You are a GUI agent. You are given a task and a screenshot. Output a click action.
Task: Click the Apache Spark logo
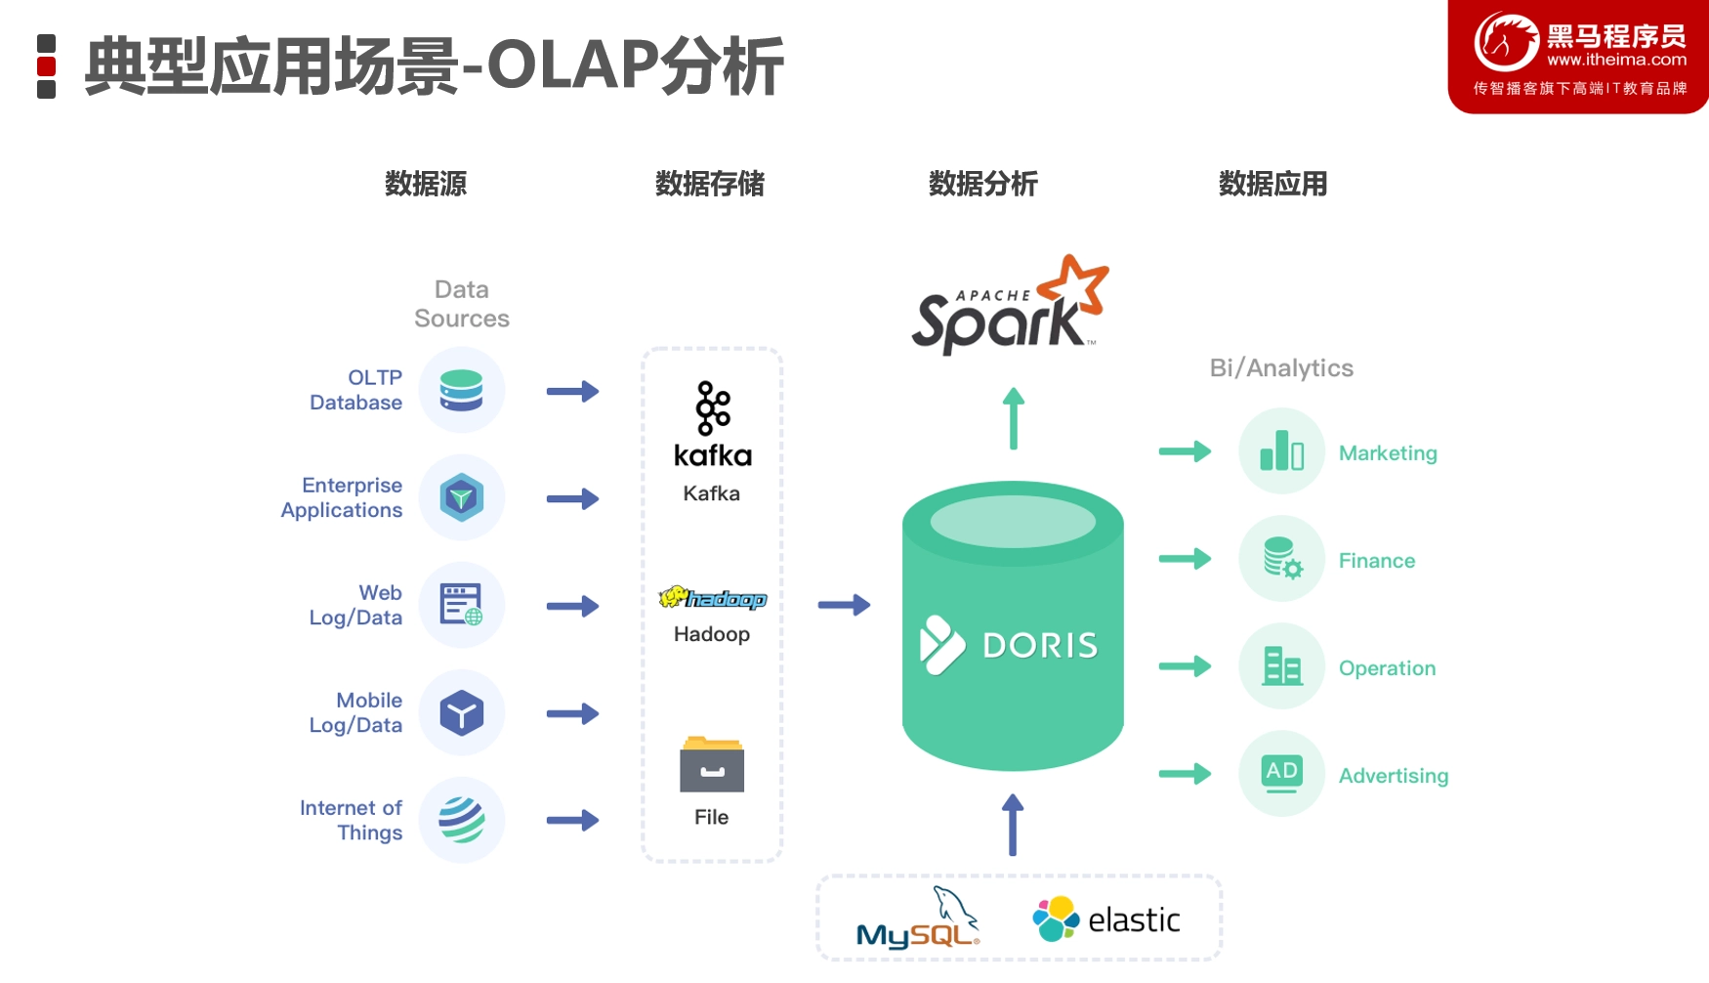[1010, 306]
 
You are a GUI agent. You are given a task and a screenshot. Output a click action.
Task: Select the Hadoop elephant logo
[713, 597]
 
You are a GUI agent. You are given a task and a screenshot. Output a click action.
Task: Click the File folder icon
[712, 764]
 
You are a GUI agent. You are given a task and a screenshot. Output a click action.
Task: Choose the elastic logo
[1106, 919]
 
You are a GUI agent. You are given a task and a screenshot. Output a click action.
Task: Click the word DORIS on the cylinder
[1040, 645]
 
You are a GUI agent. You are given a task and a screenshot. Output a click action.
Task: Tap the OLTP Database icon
[462, 391]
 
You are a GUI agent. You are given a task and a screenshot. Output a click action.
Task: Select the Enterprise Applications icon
[462, 497]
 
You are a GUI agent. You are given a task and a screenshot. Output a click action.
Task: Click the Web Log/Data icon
[462, 605]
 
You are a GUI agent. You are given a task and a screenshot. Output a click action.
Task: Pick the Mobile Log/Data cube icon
[462, 712]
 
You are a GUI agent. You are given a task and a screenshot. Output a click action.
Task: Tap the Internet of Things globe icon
[462, 820]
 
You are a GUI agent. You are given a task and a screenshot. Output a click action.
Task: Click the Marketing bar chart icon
[1282, 451]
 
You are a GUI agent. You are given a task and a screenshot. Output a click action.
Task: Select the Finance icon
[1282, 559]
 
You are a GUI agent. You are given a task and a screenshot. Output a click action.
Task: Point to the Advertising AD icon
[1282, 774]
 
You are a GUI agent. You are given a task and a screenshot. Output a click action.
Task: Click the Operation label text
[1387, 668]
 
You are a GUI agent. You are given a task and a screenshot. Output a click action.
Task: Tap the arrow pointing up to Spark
[1014, 418]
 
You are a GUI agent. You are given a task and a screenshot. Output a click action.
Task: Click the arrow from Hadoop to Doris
[845, 605]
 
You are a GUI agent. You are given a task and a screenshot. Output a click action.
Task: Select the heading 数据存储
[710, 184]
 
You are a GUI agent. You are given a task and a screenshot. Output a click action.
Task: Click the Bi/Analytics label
[1281, 368]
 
